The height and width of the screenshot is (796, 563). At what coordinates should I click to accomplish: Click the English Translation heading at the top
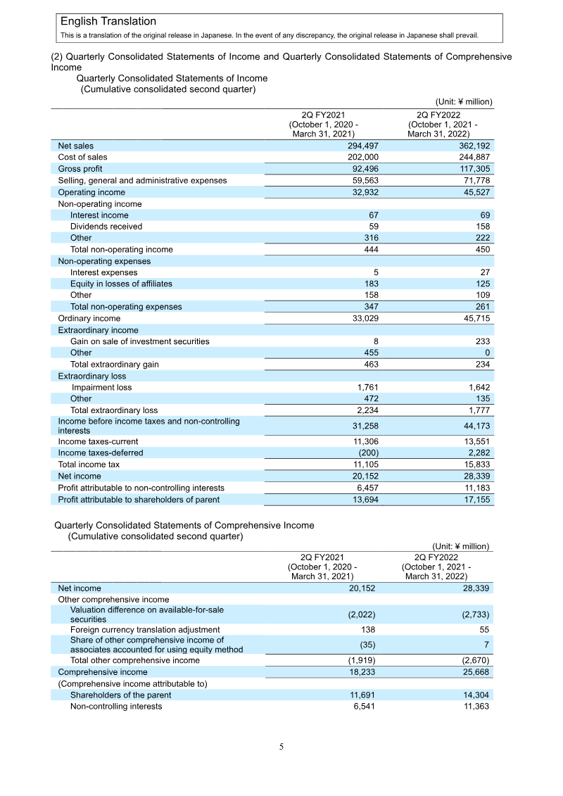tap(108, 22)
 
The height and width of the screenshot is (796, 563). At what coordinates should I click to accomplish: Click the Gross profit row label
tap(80, 169)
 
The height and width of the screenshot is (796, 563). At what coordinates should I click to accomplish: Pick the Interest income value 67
tap(374, 215)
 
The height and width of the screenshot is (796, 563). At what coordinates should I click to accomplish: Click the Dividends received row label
tap(106, 227)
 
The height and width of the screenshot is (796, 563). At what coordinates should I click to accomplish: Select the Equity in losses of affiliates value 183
tap(372, 284)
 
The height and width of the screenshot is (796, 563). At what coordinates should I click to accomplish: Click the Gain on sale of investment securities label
tap(139, 341)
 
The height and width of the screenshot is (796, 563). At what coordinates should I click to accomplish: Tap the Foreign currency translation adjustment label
tap(144, 629)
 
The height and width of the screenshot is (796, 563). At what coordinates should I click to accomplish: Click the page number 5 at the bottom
tap(281, 747)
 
